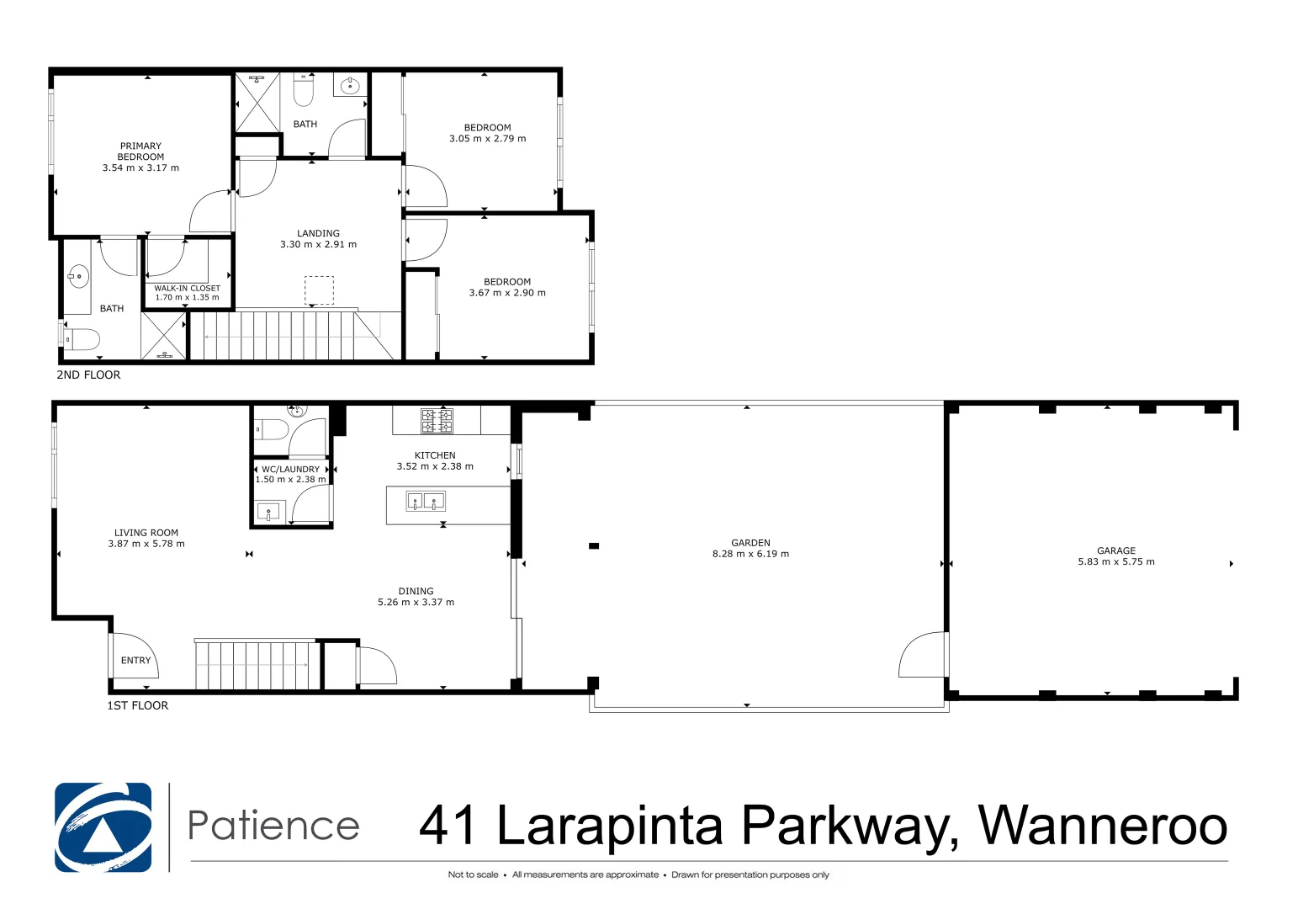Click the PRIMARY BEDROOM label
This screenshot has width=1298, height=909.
tap(140, 151)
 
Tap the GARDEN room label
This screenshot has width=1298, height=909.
tap(750, 543)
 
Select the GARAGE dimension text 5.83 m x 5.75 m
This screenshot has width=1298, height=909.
tap(1115, 562)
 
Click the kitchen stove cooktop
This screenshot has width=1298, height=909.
tap(437, 421)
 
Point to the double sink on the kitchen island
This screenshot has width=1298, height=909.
tap(426, 502)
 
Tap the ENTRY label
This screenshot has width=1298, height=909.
tap(135, 661)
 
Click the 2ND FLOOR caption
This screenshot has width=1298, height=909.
tap(88, 375)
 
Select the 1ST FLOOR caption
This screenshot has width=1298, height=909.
tap(137, 706)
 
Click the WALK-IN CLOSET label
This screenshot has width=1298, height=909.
tap(187, 288)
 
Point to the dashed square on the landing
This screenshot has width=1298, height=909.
tap(319, 290)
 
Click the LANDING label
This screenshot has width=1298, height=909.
tap(318, 233)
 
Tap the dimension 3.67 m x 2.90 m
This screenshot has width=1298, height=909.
tap(507, 294)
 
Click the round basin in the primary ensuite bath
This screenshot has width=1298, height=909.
tap(78, 276)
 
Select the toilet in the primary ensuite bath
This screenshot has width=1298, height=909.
tap(82, 339)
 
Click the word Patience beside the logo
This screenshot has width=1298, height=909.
tap(273, 826)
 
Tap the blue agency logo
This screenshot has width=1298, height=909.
tap(103, 827)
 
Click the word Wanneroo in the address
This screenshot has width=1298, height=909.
tap(1102, 826)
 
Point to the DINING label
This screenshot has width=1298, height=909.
tap(416, 591)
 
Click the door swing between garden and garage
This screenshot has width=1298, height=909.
tap(924, 655)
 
